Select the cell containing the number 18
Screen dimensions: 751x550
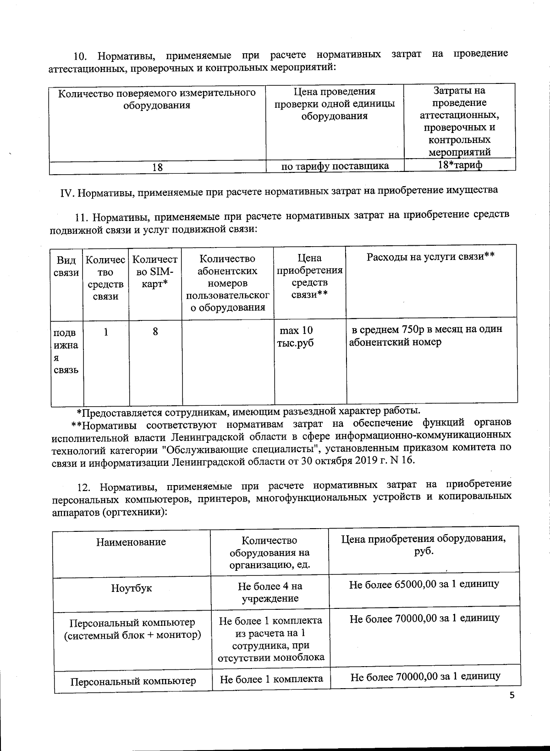pos(157,168)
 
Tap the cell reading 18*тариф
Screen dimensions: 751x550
pos(459,165)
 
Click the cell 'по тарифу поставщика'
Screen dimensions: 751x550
pos(335,166)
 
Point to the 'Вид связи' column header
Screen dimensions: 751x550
pos(66,267)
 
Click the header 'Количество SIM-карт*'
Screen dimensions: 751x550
pos(155,271)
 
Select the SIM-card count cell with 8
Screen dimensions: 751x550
pos(155,331)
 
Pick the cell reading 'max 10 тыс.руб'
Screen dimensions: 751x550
pos(297,337)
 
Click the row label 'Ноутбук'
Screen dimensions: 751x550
pos(131,588)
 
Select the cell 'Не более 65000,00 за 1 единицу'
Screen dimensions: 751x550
pos(424,585)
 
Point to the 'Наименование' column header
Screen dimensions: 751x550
pos(131,542)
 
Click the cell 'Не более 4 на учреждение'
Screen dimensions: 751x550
pos(270,592)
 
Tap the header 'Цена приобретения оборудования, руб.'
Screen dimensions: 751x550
pos(423,545)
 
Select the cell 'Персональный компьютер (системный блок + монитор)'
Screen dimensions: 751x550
pos(132,629)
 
